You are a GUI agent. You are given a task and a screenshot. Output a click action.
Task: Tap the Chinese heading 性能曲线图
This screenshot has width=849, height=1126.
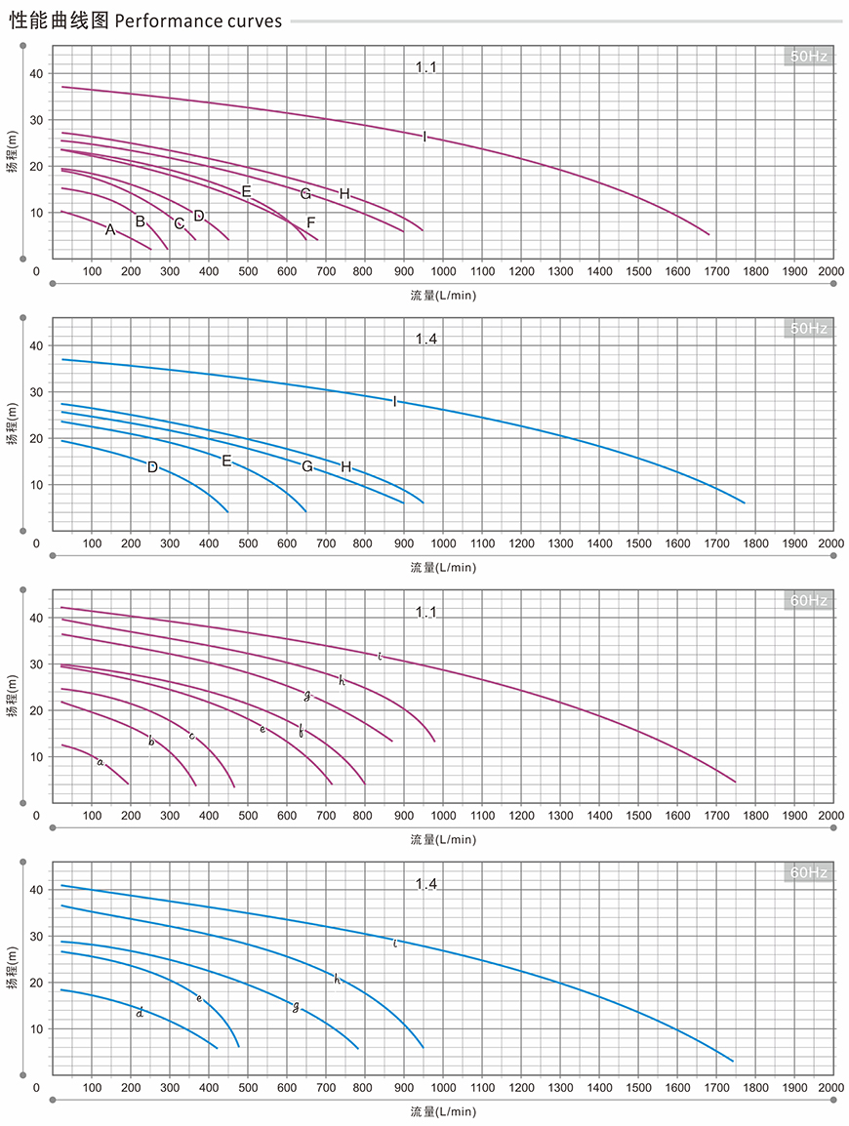[x=60, y=20]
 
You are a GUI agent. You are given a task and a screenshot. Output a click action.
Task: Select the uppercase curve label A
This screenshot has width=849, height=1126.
[x=110, y=230]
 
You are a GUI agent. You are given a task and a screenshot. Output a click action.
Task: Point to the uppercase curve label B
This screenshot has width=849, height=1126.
[x=141, y=221]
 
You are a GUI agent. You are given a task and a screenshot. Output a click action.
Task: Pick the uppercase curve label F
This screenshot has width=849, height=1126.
[x=310, y=222]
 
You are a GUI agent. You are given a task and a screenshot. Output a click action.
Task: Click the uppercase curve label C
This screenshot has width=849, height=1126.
[x=180, y=223]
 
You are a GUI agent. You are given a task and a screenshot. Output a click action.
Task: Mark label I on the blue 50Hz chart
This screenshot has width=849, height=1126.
[x=394, y=401]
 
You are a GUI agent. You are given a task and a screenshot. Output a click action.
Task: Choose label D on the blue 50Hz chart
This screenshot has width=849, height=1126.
[x=152, y=467]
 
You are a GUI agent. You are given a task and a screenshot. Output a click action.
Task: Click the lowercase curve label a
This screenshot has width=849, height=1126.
[x=100, y=761]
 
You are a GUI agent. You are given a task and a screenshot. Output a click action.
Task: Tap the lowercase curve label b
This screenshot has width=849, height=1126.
[x=151, y=742]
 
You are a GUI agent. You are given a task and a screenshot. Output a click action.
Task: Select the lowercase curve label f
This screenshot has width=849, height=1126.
[x=301, y=731]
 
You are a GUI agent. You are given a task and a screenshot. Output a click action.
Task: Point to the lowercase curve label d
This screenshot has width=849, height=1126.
[x=141, y=1013]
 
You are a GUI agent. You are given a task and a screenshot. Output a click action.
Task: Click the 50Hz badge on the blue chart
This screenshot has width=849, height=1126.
[x=808, y=329]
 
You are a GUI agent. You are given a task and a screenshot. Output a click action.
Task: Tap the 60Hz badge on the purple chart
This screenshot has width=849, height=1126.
[x=808, y=601]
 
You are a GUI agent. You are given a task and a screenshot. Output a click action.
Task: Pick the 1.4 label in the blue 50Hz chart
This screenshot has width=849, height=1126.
[x=426, y=340]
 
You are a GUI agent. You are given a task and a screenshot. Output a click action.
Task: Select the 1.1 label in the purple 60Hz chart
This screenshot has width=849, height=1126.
[x=426, y=612]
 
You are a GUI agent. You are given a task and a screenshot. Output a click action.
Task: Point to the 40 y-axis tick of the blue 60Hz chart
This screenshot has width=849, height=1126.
[x=36, y=890]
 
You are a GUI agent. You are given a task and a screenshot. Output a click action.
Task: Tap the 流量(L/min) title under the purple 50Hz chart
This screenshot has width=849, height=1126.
[x=443, y=294]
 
